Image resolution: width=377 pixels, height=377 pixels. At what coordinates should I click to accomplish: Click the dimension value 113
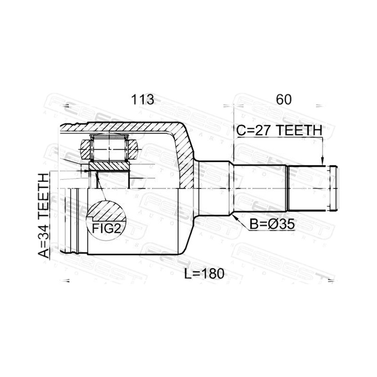click(142, 99)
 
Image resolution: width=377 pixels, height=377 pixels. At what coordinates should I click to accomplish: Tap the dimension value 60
click(284, 99)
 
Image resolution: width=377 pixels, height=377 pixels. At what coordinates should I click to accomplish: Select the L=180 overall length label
click(204, 274)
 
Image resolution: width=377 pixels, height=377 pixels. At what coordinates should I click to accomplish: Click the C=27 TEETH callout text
click(279, 131)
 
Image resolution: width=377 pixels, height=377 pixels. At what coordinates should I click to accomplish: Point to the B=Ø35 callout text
click(272, 224)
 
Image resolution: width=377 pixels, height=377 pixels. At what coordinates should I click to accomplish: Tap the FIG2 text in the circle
click(107, 229)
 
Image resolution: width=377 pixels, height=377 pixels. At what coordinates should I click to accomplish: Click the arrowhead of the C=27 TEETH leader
click(323, 162)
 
